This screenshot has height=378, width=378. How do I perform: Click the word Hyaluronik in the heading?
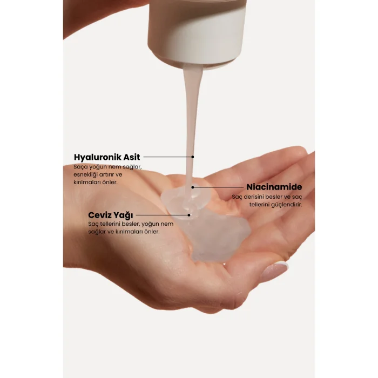point(98,157)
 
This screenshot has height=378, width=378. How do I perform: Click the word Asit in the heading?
point(132,157)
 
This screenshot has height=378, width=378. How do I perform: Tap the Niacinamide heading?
point(274,187)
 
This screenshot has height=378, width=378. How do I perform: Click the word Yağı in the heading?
point(124,215)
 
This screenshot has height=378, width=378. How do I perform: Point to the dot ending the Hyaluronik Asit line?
point(193,157)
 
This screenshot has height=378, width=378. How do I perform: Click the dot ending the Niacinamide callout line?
point(193,187)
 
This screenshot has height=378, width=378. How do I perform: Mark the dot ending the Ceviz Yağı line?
point(189,215)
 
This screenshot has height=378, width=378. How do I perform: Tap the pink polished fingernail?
point(274,271)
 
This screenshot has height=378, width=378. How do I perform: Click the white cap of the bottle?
point(198,32)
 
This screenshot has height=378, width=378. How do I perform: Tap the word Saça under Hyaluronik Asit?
point(81,167)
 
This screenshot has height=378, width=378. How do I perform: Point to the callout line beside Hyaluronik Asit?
point(167,157)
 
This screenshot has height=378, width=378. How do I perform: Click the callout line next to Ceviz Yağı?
point(162,215)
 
